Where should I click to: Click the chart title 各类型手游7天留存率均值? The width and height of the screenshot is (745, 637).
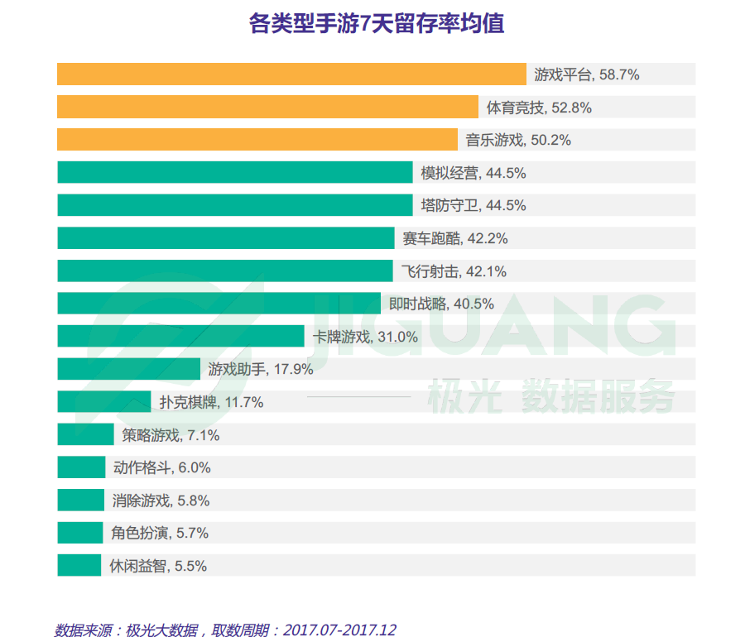(377, 23)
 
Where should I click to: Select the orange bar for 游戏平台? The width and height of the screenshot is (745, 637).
(291, 74)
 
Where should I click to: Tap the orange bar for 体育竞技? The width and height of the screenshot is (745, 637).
(267, 107)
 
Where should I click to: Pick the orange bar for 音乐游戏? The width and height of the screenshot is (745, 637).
(257, 140)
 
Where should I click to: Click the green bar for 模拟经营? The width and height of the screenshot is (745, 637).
(234, 172)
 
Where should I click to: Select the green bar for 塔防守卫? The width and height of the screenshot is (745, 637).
(234, 205)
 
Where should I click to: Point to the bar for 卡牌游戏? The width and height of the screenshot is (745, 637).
(180, 336)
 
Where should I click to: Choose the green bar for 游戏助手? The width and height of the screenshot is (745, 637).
(128, 369)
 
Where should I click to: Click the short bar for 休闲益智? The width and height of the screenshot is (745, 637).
(79, 566)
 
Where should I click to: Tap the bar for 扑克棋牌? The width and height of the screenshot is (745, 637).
(103, 402)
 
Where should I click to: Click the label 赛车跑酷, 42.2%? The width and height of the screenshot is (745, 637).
(454, 238)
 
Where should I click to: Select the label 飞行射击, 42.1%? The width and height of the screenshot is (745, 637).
(454, 271)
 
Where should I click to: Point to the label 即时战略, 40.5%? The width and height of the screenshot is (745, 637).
(441, 304)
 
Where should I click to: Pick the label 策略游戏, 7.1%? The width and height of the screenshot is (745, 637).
(171, 435)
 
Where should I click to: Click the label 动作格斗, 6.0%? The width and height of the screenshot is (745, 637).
(161, 467)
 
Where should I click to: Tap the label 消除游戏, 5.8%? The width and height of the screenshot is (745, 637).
(161, 500)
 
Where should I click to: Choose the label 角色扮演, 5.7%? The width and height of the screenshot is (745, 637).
(160, 534)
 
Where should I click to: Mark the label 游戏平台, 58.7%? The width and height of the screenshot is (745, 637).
(587, 74)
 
